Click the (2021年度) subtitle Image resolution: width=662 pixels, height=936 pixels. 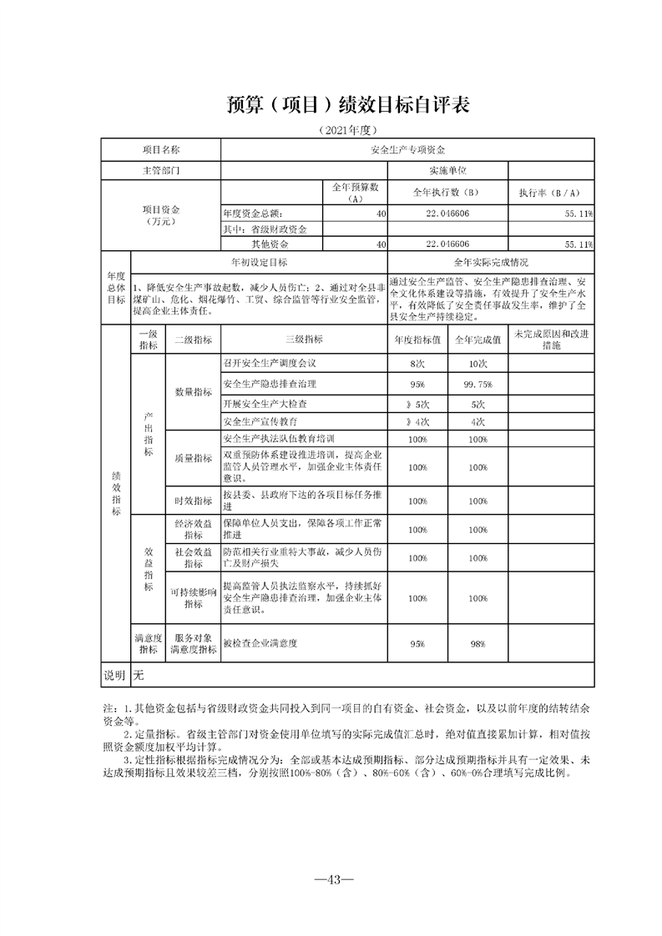[x=349, y=130]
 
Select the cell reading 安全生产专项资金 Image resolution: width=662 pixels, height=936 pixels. [x=407, y=150]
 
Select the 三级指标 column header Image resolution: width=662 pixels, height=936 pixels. [x=303, y=340]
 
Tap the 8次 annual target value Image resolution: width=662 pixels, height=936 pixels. [x=418, y=364]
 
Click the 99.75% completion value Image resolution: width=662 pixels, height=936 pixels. [x=478, y=384]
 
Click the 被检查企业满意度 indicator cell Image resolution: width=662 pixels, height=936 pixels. [x=260, y=644]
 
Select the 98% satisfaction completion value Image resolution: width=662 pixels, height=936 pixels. [x=478, y=644]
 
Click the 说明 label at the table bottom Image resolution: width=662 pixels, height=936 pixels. [x=114, y=674]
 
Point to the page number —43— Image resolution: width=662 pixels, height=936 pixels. [x=331, y=878]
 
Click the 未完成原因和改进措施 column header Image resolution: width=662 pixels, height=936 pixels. [x=550, y=340]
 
